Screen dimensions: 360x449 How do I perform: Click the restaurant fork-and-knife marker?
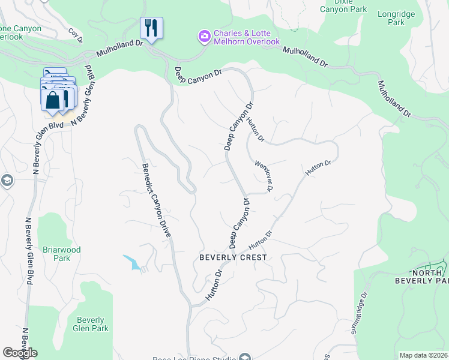click(x=151, y=28)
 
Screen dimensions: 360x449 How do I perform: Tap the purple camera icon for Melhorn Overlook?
click(x=205, y=37)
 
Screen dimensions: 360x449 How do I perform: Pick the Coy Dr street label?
click(x=75, y=35)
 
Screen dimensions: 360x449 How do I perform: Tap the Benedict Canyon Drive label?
click(x=155, y=201)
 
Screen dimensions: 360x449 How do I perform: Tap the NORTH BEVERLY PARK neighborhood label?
click(x=421, y=276)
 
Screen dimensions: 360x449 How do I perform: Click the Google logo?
click(x=20, y=353)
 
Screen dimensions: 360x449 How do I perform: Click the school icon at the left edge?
click(x=6, y=181)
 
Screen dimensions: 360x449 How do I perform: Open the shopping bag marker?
click(x=53, y=99)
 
